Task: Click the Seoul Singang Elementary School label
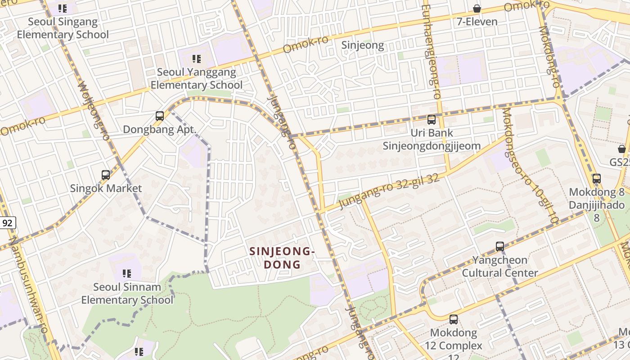pos(63,28)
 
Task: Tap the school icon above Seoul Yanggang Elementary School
pos(196,58)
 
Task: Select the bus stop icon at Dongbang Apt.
pos(159,116)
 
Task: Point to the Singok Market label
pos(106,188)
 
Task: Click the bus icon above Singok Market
pos(106,175)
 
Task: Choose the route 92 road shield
pos(7,223)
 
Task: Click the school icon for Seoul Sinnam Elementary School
pos(127,273)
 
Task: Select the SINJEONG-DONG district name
pos(282,258)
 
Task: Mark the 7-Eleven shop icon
pos(477,9)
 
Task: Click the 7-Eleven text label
pos(477,22)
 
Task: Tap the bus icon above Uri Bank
pos(432,120)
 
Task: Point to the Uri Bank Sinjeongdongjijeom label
pos(432,139)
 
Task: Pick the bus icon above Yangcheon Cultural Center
pos(500,247)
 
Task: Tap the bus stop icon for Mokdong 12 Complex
pos(454,319)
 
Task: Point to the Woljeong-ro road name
pos(94,110)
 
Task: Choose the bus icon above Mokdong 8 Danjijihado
pos(597,179)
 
